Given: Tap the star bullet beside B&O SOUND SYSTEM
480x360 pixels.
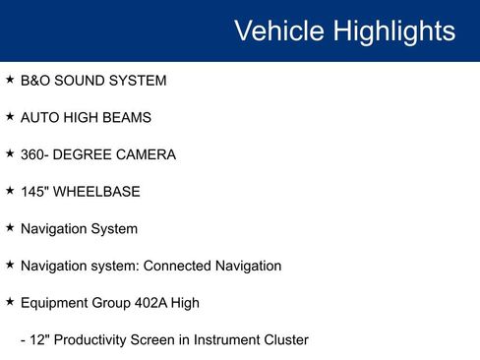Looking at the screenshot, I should tap(10, 79).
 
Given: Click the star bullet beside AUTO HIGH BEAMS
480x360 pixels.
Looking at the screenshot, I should tap(10, 116).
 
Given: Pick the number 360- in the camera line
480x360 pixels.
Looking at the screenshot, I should tap(36, 154).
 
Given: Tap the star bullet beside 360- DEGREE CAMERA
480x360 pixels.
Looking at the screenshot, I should tap(10, 153).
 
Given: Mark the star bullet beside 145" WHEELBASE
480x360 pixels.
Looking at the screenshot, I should tap(10, 190).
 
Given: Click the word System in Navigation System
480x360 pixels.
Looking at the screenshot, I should tap(114, 228).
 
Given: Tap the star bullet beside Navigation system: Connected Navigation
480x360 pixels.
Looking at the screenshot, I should tap(10, 264).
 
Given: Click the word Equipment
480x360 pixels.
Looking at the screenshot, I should tap(57, 303).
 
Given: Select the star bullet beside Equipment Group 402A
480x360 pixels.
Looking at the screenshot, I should tap(10, 301).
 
